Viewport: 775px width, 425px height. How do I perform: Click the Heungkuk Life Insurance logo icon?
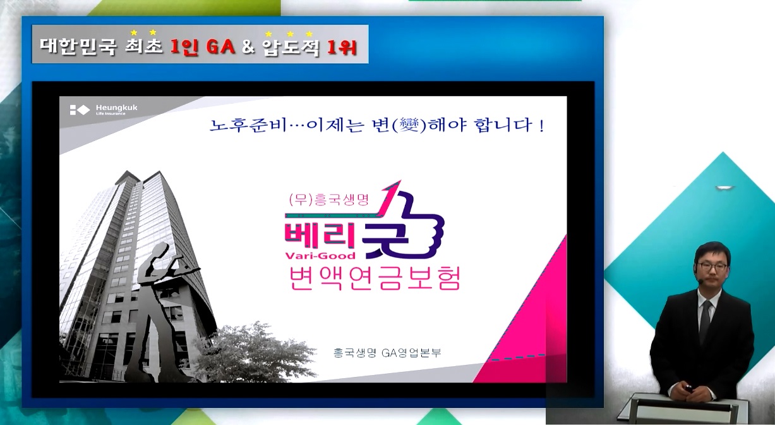[80, 110]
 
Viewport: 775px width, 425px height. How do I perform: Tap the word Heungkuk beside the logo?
[117, 108]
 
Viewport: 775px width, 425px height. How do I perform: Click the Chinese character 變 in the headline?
[409, 125]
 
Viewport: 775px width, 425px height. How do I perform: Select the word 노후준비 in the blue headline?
[248, 125]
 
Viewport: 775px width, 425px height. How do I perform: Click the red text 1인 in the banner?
[184, 46]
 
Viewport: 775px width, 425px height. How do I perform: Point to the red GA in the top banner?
[220, 46]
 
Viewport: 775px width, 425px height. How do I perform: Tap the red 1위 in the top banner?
[342, 47]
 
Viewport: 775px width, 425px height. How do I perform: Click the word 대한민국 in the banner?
[78, 46]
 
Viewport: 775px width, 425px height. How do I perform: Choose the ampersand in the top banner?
[248, 47]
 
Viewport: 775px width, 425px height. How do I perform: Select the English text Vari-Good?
[320, 256]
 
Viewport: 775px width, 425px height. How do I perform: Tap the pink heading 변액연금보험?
[375, 279]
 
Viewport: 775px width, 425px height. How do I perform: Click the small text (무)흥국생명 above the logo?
[329, 199]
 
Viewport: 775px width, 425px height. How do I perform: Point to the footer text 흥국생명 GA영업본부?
[387, 353]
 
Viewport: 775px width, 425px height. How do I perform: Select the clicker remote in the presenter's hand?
[688, 388]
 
